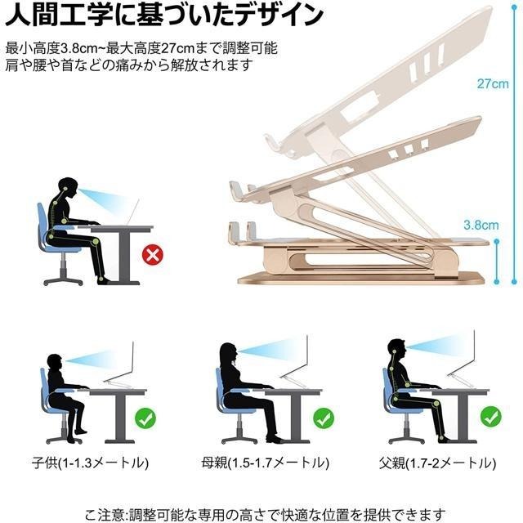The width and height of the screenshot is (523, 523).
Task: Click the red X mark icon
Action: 152,256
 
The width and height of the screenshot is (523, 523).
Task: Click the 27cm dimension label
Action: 494,83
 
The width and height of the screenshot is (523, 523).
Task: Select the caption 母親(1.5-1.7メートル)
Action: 260,463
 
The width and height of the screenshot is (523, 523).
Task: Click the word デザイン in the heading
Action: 269,16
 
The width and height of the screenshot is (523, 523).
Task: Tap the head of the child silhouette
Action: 54,363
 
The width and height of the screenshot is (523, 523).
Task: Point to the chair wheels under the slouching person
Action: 61,280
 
